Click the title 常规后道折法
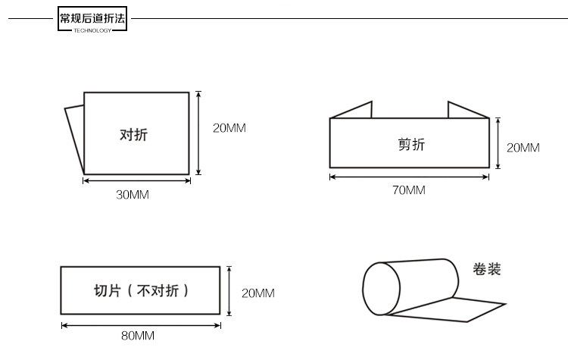point(92,17)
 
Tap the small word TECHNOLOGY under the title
point(92,30)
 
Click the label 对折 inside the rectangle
point(134,135)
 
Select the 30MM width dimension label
point(133,195)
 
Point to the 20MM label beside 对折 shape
point(229,128)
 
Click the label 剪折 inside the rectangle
point(411,144)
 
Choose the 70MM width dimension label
point(409,190)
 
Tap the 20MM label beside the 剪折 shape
point(523,148)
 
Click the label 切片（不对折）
point(141,291)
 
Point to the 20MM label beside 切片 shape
point(257,293)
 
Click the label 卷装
point(486,269)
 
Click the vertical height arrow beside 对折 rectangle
point(198,133)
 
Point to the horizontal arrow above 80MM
point(141,324)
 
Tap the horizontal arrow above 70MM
point(409,177)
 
